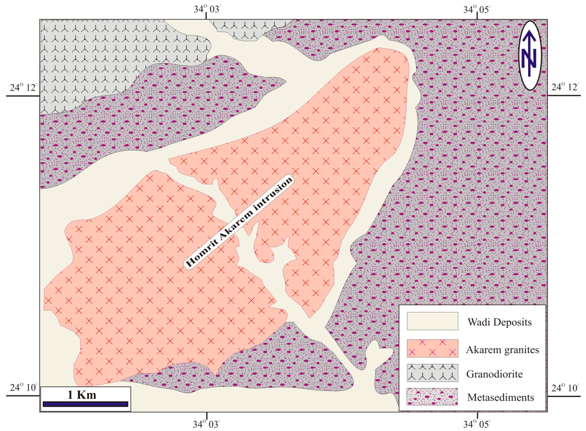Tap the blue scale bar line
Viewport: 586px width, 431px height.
pyautogui.click(x=85, y=404)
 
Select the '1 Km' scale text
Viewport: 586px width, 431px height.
pyautogui.click(x=82, y=395)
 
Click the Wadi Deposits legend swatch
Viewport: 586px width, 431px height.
pyautogui.click(x=432, y=321)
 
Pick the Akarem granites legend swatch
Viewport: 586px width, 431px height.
pyautogui.click(x=432, y=348)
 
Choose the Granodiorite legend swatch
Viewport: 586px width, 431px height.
pyautogui.click(x=432, y=373)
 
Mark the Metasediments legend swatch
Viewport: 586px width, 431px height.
pyautogui.click(x=432, y=397)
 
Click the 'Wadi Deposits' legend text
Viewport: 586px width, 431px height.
pyautogui.click(x=499, y=322)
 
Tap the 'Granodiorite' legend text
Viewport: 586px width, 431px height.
pyautogui.click(x=494, y=374)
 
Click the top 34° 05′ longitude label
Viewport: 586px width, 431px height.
pyautogui.click(x=477, y=10)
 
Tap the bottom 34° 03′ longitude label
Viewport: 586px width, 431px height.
pyautogui.click(x=206, y=424)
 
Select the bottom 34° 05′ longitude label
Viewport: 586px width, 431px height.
pyautogui.click(x=477, y=424)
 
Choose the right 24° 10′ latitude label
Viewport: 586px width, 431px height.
pyautogui.click(x=565, y=388)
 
